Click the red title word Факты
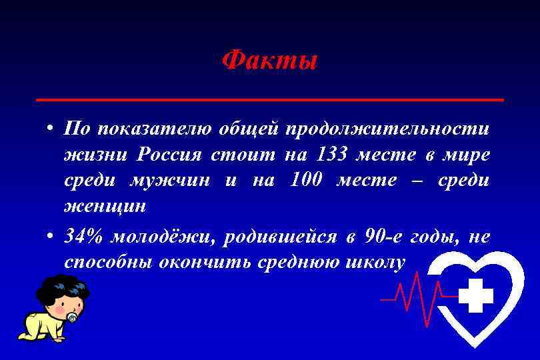(x=269, y=61)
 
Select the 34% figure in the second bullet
(x=83, y=236)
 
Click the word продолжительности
(x=387, y=128)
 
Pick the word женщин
(x=105, y=206)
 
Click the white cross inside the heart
(x=476, y=295)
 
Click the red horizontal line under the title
(x=269, y=99)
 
